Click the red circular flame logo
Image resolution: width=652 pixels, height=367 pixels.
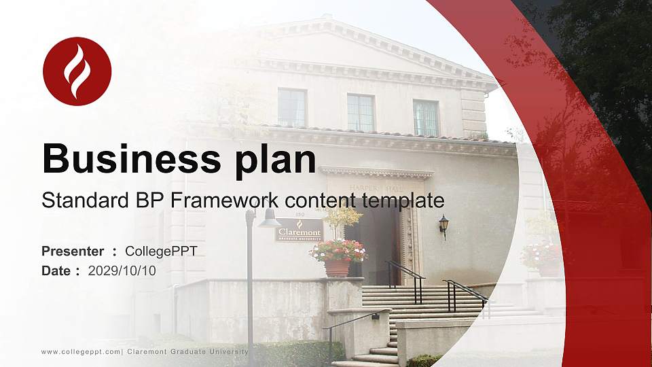click(x=77, y=71)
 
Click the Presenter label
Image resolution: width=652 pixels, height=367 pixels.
click(x=73, y=251)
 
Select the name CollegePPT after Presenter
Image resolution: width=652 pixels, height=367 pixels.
click(x=161, y=251)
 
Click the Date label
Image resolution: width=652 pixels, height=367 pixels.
click(x=56, y=270)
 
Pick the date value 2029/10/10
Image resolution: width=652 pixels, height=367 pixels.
click(x=122, y=270)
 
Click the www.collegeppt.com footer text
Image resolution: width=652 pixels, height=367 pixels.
click(x=81, y=351)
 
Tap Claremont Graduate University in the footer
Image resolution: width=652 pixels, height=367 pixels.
click(x=187, y=351)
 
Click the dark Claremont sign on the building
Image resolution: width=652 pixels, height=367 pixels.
click(x=299, y=230)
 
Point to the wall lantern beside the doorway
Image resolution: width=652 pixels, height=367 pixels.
click(x=443, y=224)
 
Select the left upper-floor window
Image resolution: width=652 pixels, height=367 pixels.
click(x=292, y=107)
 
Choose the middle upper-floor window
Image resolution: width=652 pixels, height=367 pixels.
click(x=361, y=113)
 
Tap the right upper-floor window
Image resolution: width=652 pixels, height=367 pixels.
click(x=426, y=118)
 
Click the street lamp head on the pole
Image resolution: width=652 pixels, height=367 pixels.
click(x=268, y=219)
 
